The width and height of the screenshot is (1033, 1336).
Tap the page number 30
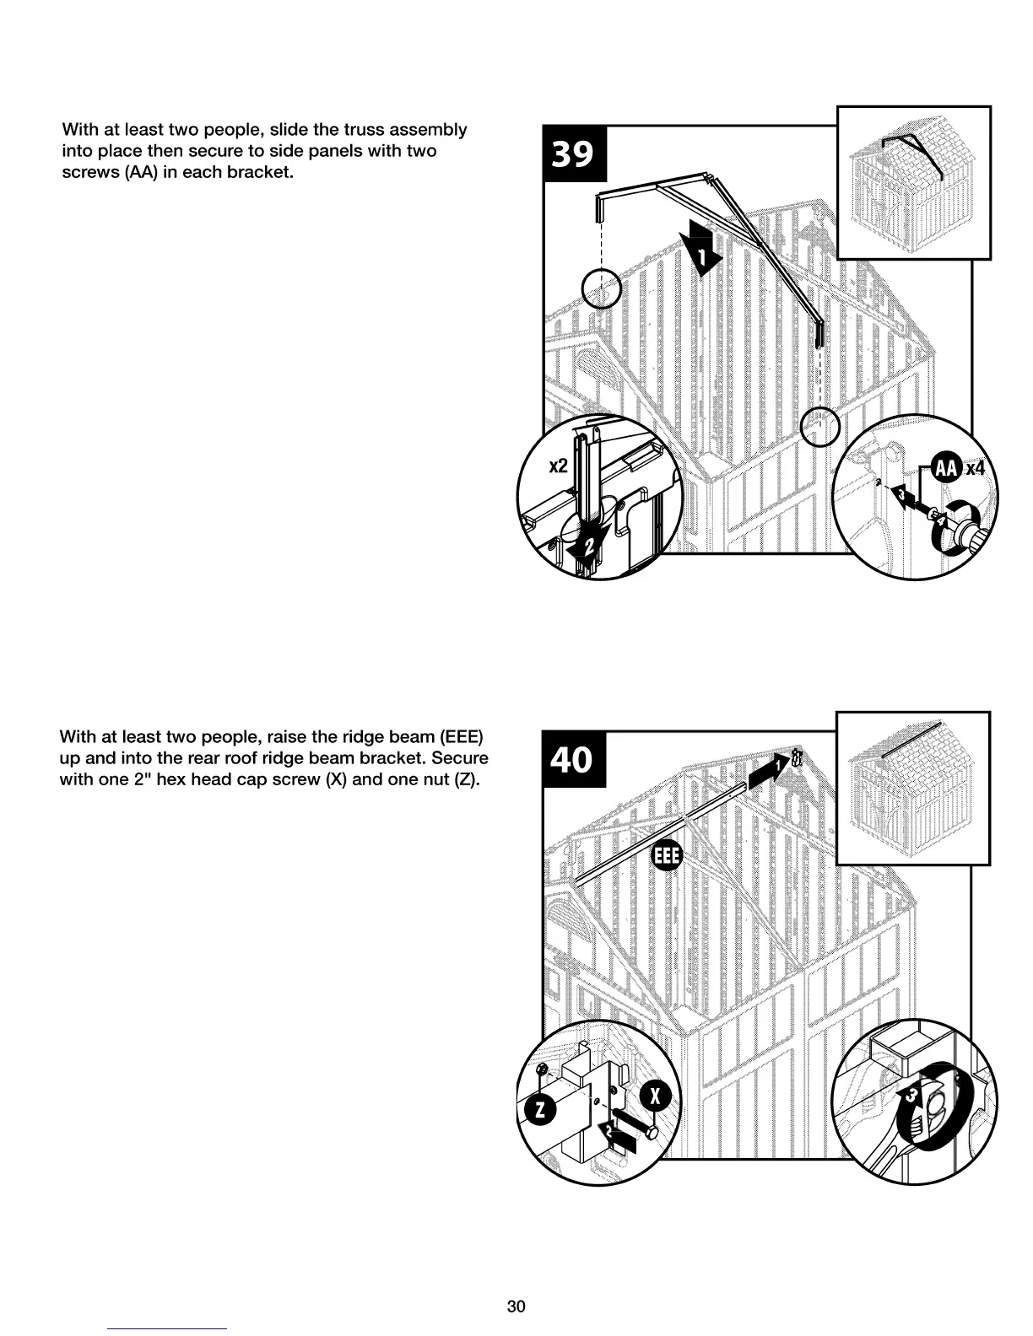pyautogui.click(x=516, y=1306)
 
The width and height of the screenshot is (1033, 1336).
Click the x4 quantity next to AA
pyautogui.click(x=975, y=468)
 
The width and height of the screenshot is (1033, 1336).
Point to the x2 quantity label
pyautogui.click(x=558, y=466)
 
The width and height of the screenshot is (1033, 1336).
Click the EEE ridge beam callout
pyautogui.click(x=666, y=857)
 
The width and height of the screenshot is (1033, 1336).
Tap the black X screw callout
pyautogui.click(x=657, y=1096)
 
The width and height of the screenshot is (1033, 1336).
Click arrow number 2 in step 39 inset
pyautogui.click(x=588, y=545)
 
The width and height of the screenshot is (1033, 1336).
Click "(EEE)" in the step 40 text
pyautogui.click(x=459, y=736)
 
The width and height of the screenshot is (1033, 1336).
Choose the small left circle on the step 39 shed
pyautogui.click(x=602, y=289)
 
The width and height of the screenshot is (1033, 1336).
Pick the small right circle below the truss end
pyautogui.click(x=819, y=427)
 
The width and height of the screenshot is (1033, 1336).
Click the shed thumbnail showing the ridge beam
pyautogui.click(x=912, y=788)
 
